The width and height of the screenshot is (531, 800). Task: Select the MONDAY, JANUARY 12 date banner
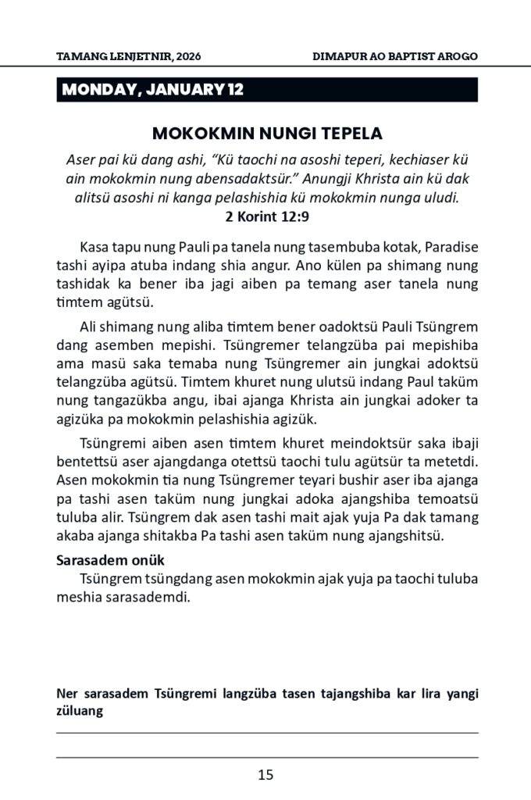pyautogui.click(x=153, y=90)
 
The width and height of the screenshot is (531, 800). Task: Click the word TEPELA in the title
pyautogui.click(x=348, y=132)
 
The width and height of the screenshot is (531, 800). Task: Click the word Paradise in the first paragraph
pyautogui.click(x=451, y=247)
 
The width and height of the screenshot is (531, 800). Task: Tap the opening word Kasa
pyautogui.click(x=94, y=247)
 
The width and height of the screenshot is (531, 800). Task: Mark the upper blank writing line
pyautogui.click(x=265, y=733)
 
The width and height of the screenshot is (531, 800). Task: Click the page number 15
pyautogui.click(x=265, y=775)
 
